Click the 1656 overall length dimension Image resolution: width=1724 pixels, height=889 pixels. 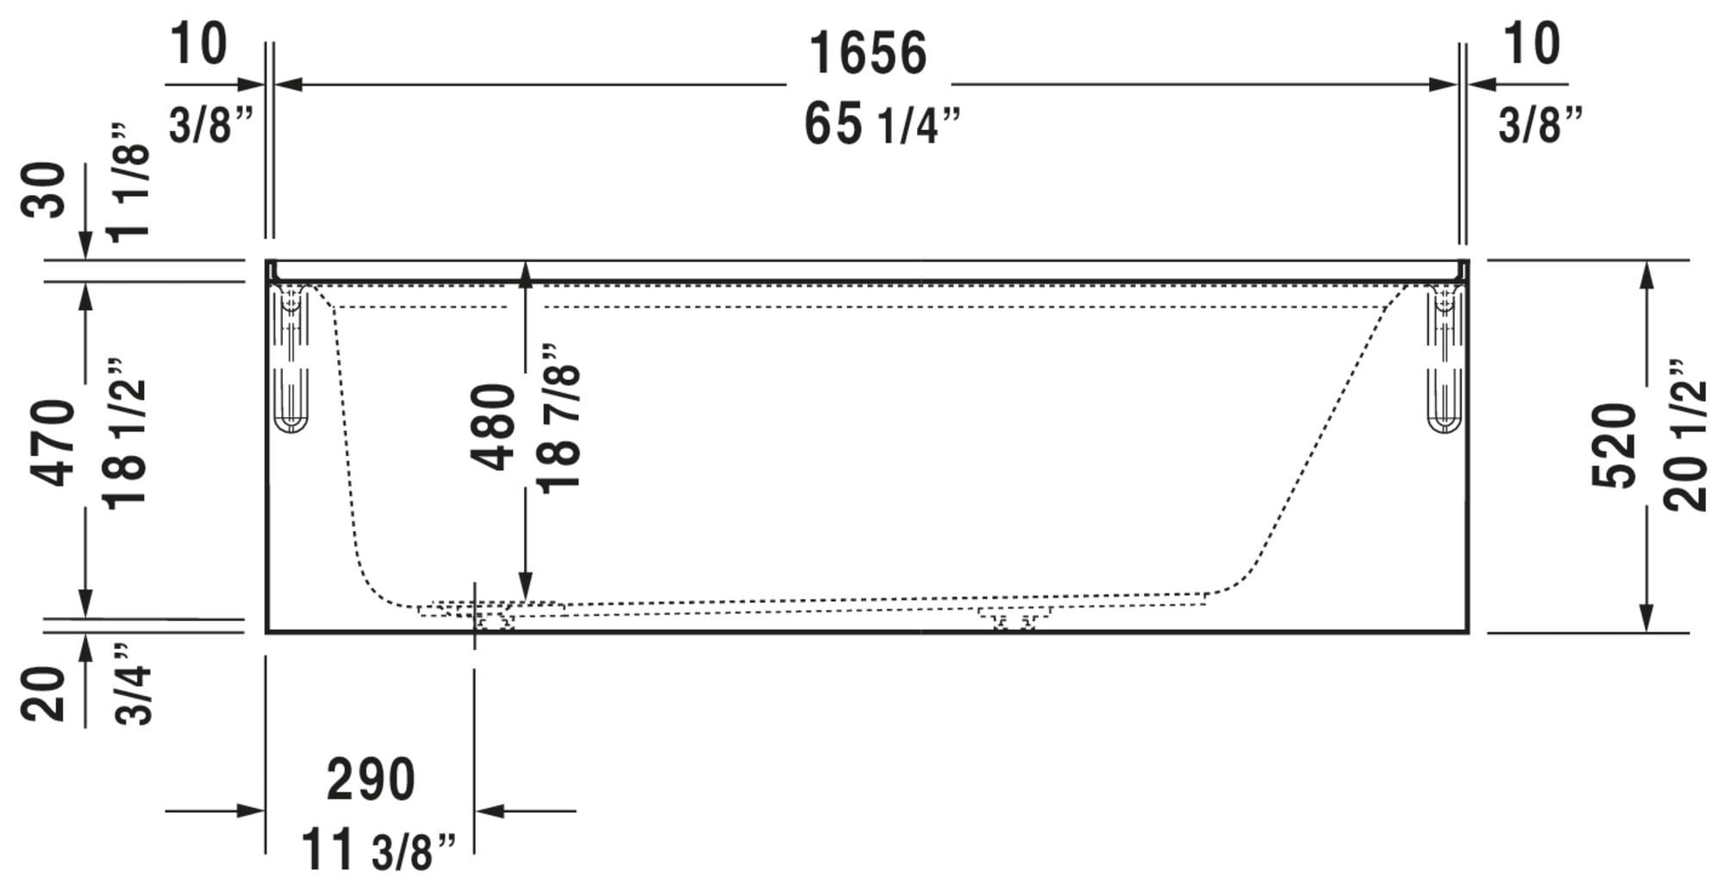point(868,53)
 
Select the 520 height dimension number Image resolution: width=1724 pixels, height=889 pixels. point(1614,445)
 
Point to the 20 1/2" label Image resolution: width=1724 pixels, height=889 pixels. point(1686,434)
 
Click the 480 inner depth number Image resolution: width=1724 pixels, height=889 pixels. point(496,427)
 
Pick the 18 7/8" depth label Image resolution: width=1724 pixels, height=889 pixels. point(559,418)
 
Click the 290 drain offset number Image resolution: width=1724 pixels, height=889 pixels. point(371,780)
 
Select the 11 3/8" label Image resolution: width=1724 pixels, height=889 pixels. point(378,850)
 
